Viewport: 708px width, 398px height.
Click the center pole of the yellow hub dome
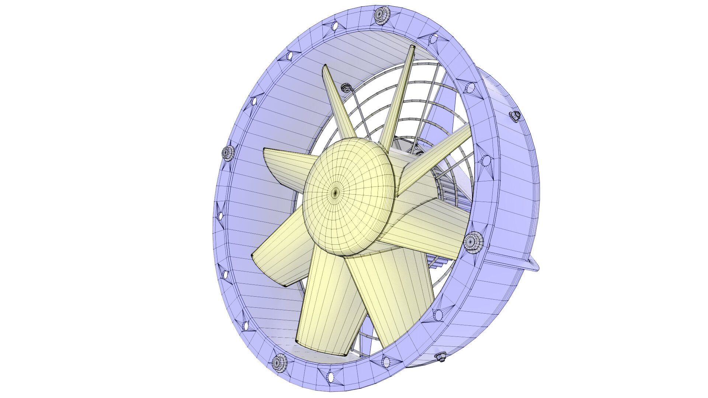point(336,192)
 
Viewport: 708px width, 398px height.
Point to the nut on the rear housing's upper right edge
point(515,116)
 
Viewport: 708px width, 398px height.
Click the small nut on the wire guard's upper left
point(346,88)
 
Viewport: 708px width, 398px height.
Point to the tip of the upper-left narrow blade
point(326,68)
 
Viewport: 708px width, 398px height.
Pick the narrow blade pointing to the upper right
point(439,155)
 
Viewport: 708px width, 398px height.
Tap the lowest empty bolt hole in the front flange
point(330,376)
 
